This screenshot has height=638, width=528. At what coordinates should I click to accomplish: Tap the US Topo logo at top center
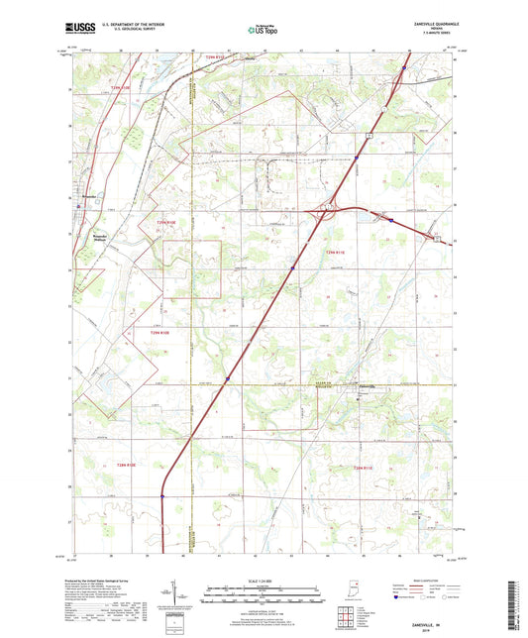(263, 31)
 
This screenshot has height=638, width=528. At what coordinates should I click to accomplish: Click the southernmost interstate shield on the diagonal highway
(163, 497)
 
